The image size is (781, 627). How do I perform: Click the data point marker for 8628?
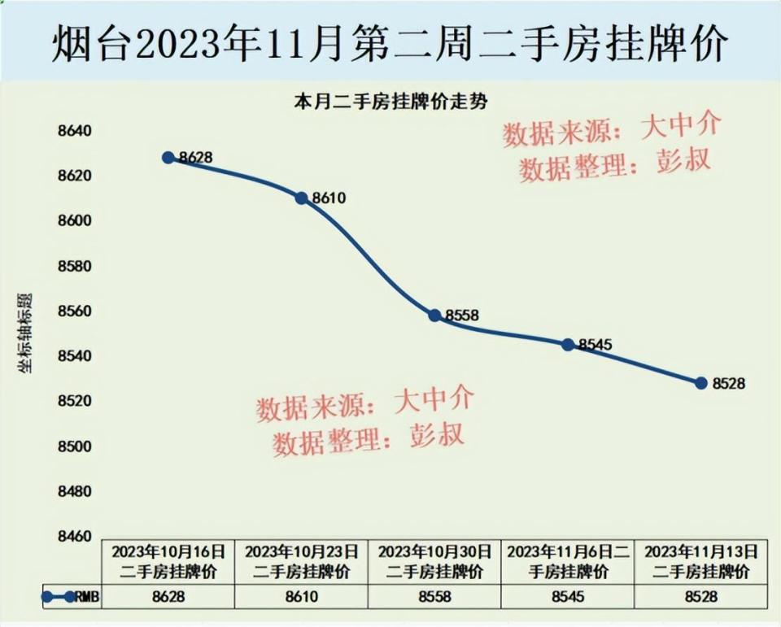pos(168,157)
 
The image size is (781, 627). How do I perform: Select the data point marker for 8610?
pos(301,198)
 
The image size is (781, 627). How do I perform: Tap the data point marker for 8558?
pos(434,316)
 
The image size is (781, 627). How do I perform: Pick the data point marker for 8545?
pos(568,345)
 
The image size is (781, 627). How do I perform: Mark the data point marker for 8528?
pos(701,383)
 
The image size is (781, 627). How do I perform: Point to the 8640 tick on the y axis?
pos(74,131)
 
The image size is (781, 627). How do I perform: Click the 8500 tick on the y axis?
pos(74,446)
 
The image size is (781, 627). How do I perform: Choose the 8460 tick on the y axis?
pos(74,537)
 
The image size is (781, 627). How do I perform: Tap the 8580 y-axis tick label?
pos(74,266)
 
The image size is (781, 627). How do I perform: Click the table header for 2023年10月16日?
pos(168,561)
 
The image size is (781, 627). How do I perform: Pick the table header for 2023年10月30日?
pos(434,561)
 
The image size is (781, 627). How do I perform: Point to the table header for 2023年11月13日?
pos(701,561)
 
